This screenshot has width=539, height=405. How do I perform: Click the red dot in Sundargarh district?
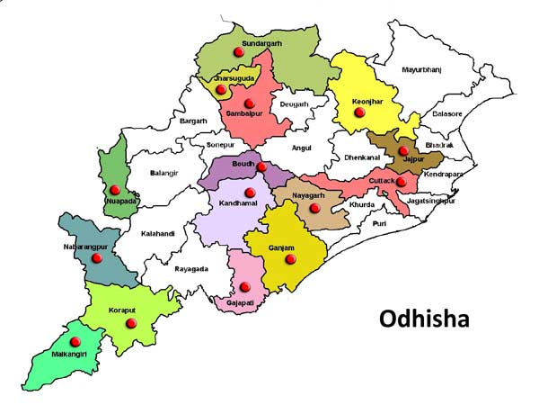click(238, 52)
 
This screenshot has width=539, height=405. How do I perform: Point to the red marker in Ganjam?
click(289, 259)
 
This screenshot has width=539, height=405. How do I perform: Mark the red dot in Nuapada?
click(115, 190)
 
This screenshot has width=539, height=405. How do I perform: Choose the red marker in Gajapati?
click(244, 287)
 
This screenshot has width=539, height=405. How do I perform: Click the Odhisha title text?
click(425, 319)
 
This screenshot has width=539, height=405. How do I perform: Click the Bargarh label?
click(193, 121)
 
